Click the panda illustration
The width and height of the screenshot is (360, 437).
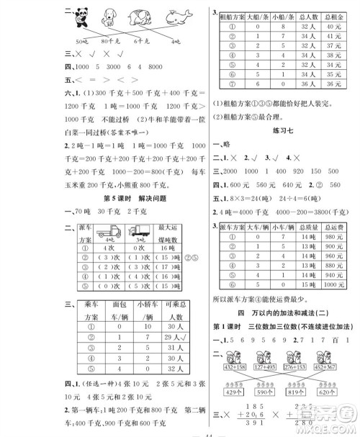(72, 16)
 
